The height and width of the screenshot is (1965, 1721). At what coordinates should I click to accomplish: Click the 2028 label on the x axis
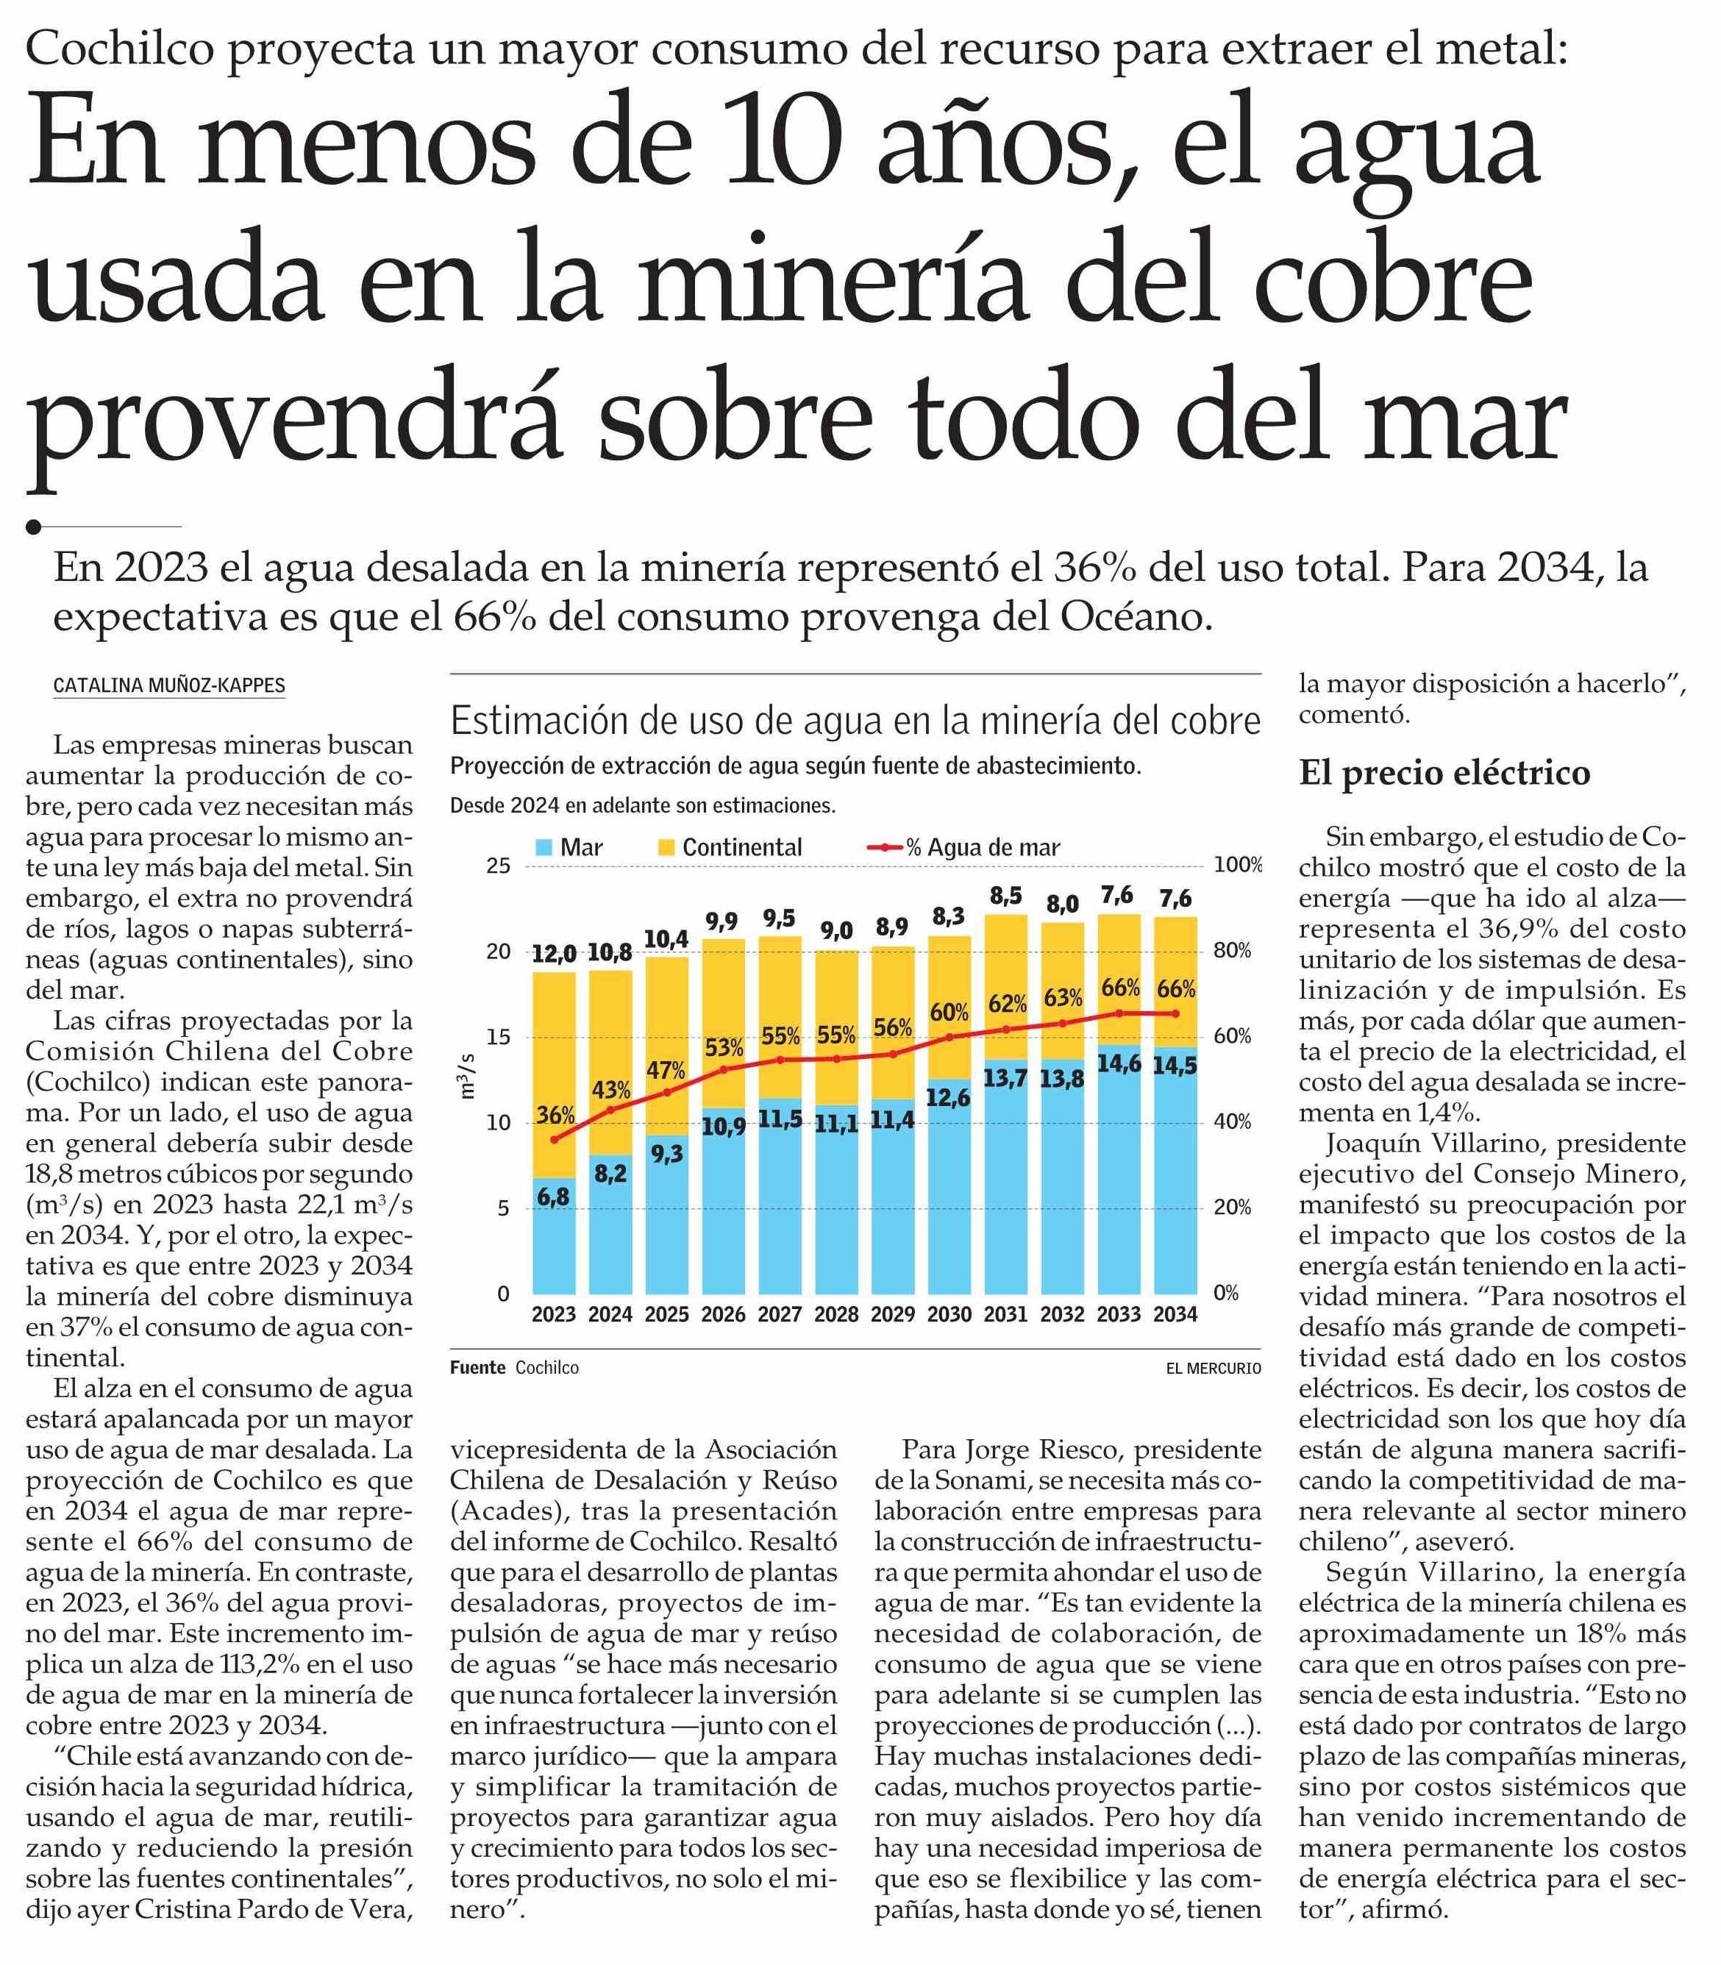tap(835, 1314)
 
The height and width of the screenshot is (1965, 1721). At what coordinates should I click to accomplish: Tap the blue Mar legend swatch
tap(544, 847)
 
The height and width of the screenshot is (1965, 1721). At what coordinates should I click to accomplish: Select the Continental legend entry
tap(741, 847)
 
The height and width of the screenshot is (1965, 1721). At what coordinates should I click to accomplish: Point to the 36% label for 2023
tap(555, 1115)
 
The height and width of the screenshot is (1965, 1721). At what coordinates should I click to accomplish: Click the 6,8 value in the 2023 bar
tap(553, 1197)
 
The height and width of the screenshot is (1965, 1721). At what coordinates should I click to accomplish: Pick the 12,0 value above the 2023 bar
tap(554, 954)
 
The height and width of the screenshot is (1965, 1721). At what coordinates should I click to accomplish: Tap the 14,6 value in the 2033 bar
tap(1119, 1063)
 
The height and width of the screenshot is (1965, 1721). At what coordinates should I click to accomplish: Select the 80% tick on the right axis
tap(1232, 951)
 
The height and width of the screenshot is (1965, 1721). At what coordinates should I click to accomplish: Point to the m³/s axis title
tap(468, 1076)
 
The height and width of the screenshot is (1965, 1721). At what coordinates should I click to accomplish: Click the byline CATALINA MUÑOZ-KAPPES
tap(169, 685)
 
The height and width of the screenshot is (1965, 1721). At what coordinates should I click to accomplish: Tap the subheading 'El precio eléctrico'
tap(1444, 772)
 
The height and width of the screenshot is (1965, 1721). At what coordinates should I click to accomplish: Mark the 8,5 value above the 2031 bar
tap(1005, 895)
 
